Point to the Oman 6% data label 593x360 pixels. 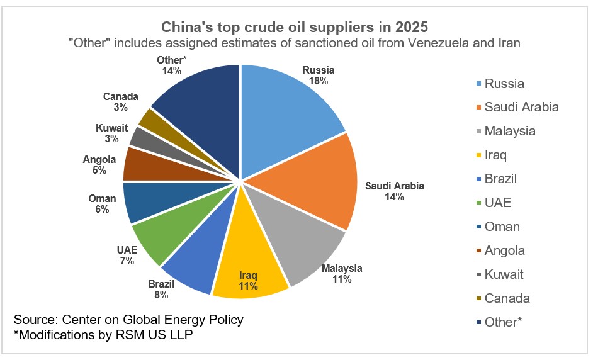pos(103,204)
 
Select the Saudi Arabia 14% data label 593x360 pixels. pos(395,191)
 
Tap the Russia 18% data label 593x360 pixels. pos(318,76)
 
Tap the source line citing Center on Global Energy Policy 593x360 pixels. pos(128,320)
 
